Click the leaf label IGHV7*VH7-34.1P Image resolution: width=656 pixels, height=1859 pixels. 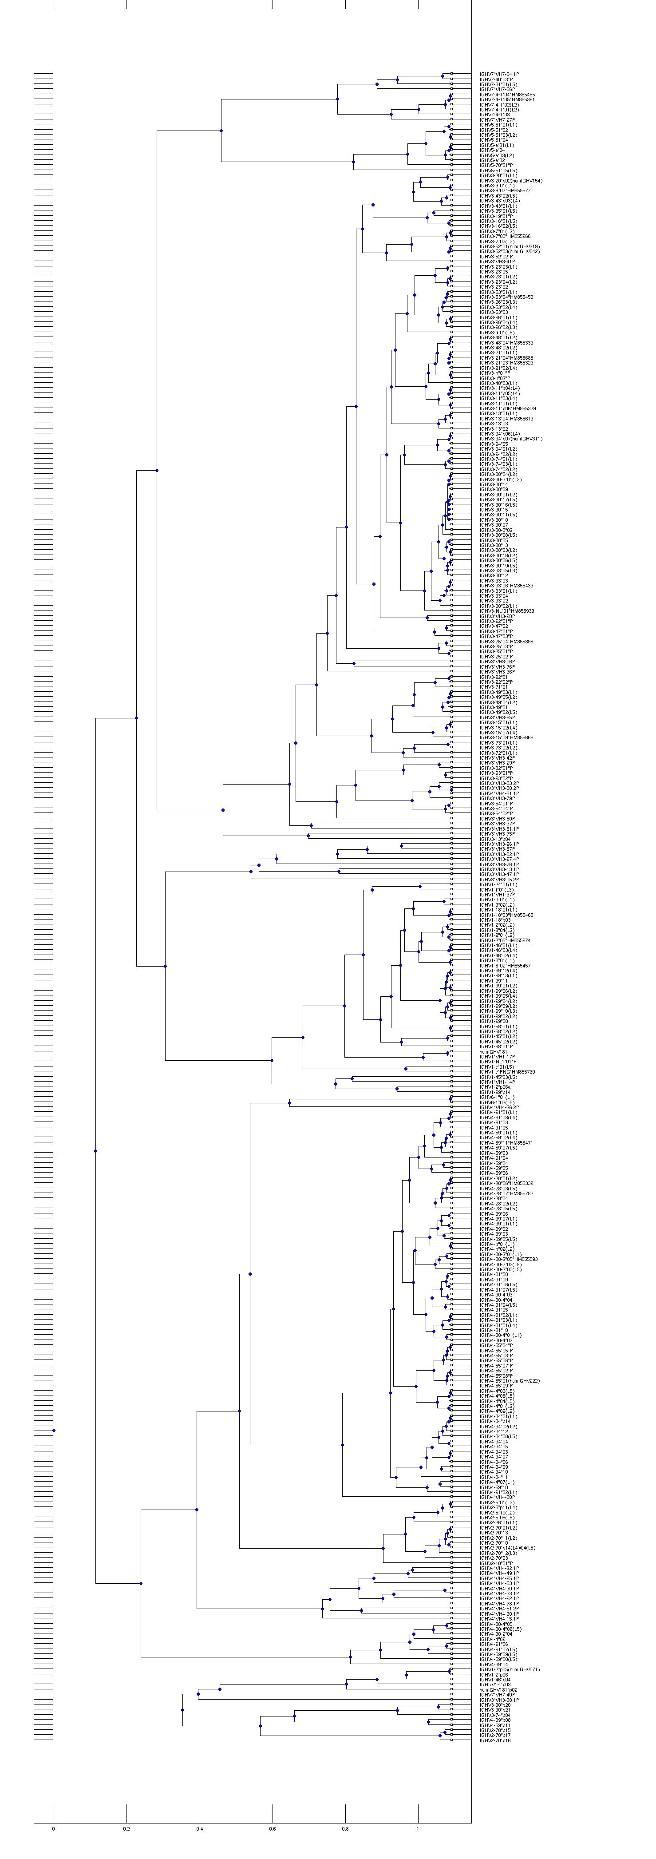499,74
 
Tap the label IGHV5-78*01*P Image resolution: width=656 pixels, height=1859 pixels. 496,165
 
